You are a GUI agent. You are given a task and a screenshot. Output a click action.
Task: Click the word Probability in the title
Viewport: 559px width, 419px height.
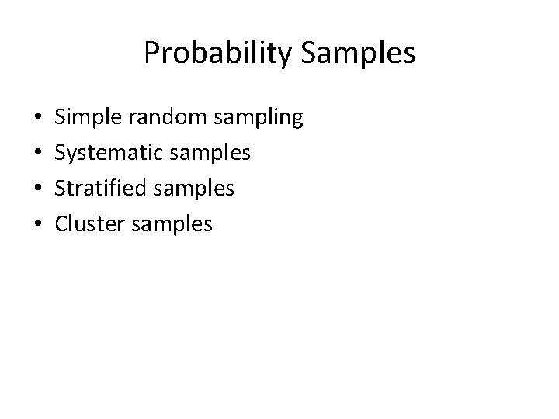tap(214, 53)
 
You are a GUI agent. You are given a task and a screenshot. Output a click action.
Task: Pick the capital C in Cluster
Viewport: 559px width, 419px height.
tap(62, 224)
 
